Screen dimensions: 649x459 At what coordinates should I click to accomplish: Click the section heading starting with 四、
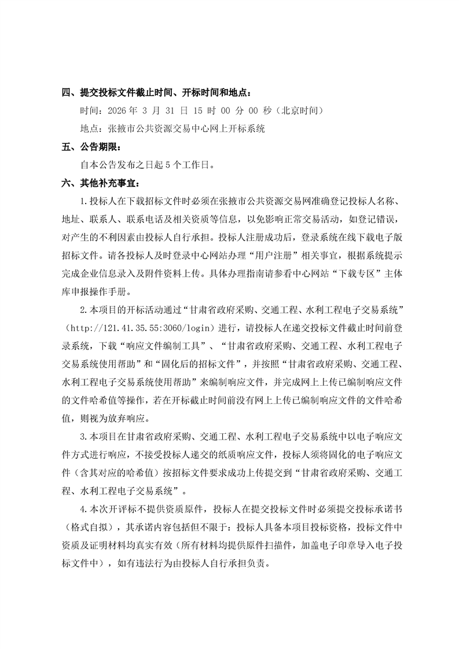157,93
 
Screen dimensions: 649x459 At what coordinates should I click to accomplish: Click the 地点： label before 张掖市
94,128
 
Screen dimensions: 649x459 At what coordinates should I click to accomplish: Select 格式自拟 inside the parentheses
93,528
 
